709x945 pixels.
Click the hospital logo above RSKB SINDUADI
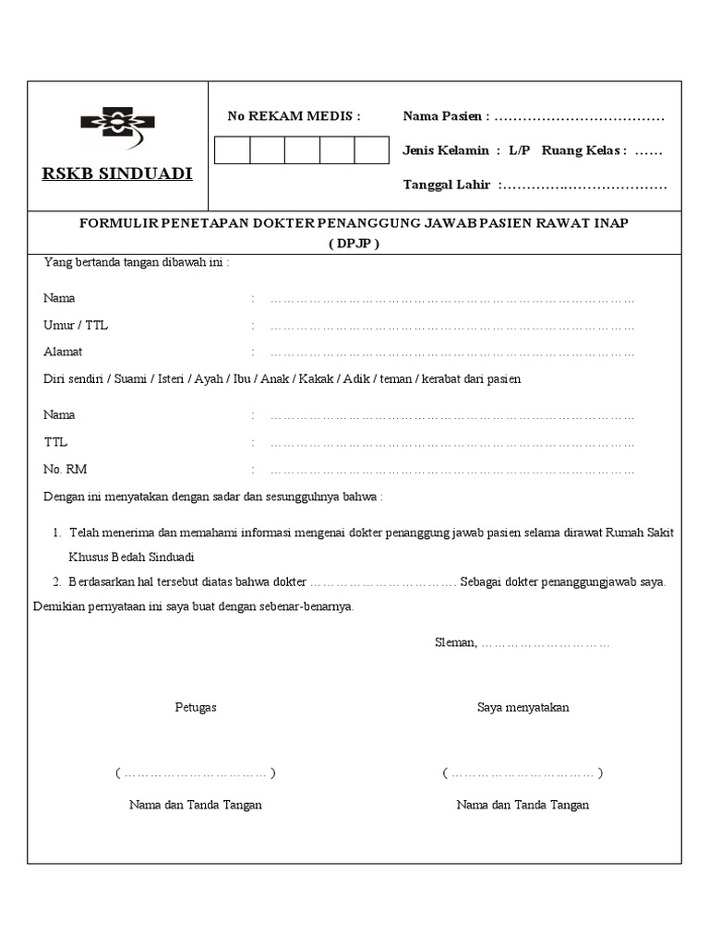(x=117, y=127)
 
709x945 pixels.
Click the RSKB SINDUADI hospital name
(x=117, y=173)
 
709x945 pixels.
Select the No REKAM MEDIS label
(x=294, y=116)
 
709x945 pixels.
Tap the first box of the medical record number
(x=232, y=150)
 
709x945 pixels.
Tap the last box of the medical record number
(x=372, y=150)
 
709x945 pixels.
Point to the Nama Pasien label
(x=446, y=116)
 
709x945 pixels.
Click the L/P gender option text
(x=519, y=150)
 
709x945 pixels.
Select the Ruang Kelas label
(x=583, y=150)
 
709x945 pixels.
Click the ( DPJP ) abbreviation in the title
(x=354, y=244)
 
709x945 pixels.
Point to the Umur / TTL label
(x=76, y=326)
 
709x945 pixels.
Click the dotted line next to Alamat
(x=452, y=353)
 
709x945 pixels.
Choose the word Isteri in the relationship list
(x=169, y=379)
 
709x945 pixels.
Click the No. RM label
(x=65, y=470)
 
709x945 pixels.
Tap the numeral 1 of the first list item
(x=56, y=533)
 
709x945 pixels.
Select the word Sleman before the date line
(x=455, y=642)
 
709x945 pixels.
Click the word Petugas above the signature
(x=196, y=708)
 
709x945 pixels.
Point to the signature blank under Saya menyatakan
(x=523, y=773)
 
